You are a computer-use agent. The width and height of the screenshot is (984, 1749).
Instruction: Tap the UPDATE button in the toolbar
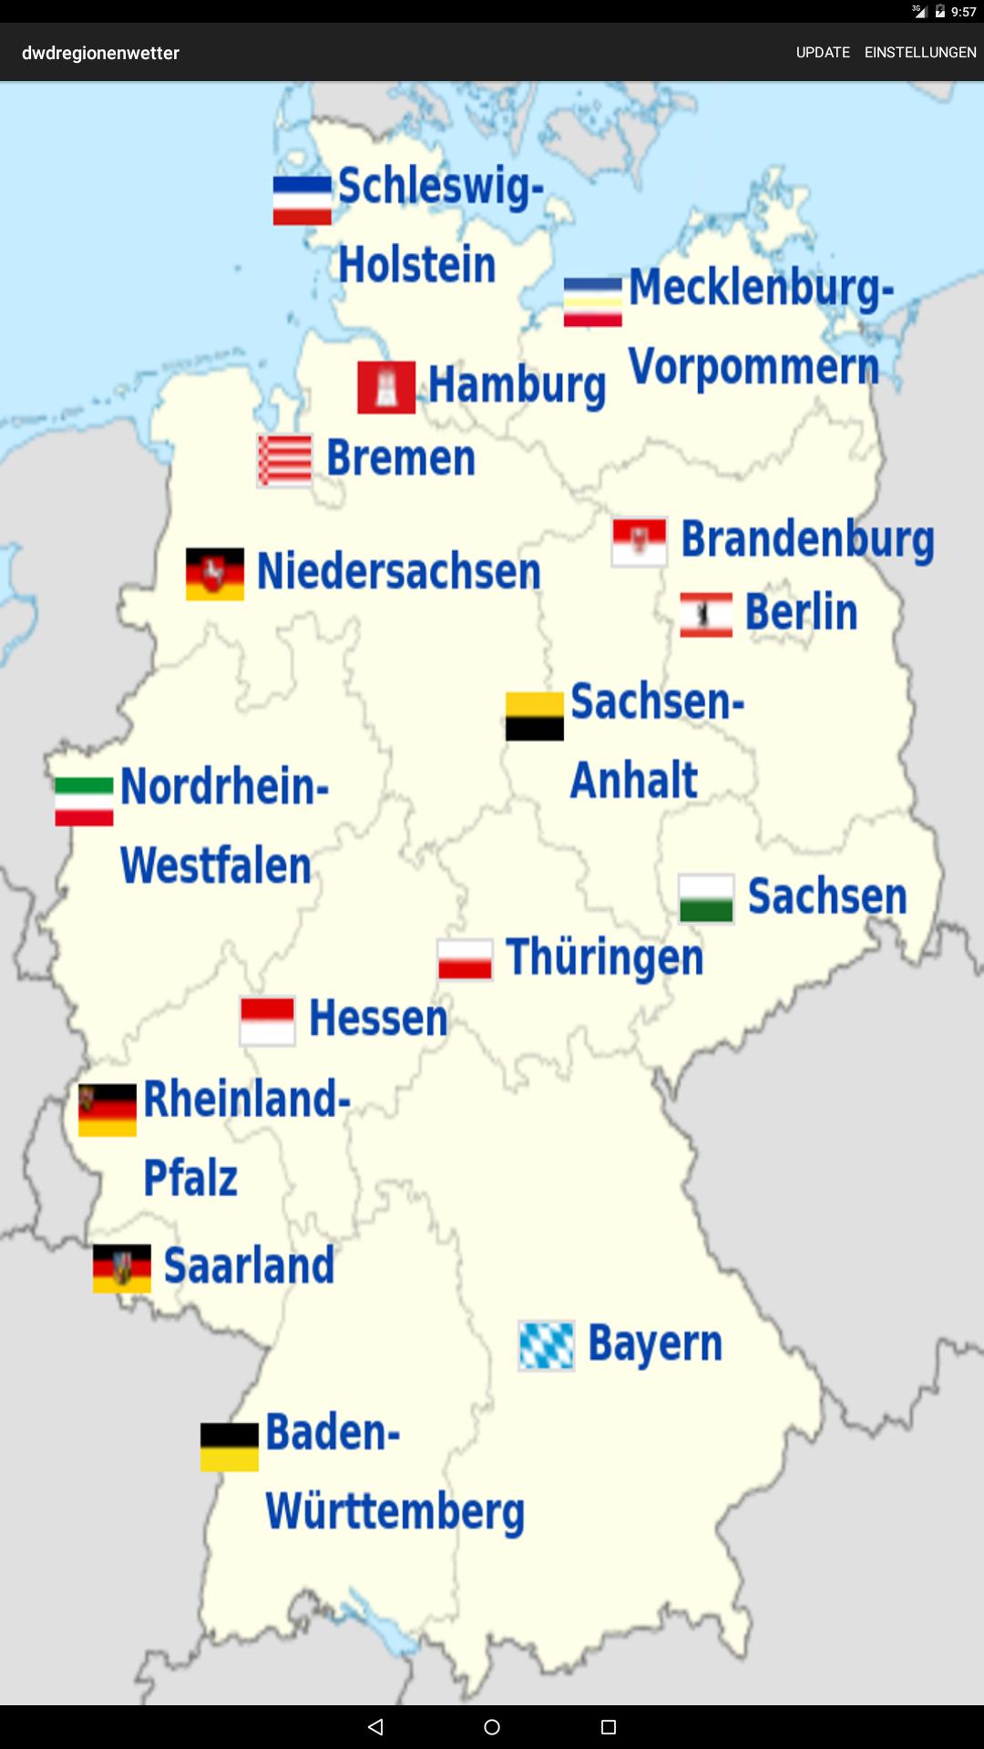tap(823, 53)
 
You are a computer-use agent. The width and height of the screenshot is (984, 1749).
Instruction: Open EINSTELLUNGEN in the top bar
tap(920, 53)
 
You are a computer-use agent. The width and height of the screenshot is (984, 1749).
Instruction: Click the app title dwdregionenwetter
tap(100, 53)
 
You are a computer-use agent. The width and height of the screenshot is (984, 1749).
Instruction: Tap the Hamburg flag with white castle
tap(386, 387)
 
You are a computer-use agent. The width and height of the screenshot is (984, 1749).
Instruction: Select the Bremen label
tap(401, 457)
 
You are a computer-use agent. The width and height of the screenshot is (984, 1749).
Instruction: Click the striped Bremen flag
tap(285, 460)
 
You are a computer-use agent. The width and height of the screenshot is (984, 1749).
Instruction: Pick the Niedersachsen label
tap(398, 572)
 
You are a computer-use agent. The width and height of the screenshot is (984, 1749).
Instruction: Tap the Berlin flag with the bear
tap(706, 615)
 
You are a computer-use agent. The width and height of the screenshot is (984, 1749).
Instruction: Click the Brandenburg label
tap(807, 539)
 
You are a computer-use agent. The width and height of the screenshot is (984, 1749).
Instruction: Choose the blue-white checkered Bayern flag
tap(546, 1345)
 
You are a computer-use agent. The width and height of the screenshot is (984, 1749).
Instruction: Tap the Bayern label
tap(654, 1344)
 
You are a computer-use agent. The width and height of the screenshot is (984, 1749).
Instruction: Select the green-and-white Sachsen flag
tap(706, 898)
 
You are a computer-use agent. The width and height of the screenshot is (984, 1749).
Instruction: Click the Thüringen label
tap(604, 957)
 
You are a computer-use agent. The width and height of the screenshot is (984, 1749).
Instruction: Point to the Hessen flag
tap(267, 1020)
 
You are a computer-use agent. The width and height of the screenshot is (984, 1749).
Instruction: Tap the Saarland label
tap(249, 1266)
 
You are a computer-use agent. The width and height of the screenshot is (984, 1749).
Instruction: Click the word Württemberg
tap(395, 1511)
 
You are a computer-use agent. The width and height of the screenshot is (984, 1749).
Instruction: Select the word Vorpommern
tap(753, 367)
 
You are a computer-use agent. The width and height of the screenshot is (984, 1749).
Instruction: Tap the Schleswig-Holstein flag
tap(302, 200)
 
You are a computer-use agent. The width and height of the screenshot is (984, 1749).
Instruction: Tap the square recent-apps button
tap(609, 1727)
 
